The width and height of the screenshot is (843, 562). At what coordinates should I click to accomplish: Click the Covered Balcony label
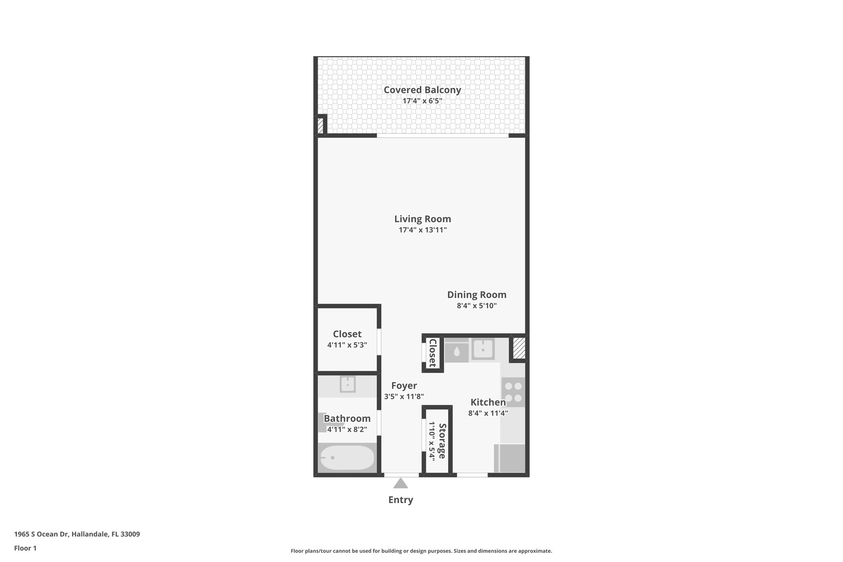pyautogui.click(x=422, y=90)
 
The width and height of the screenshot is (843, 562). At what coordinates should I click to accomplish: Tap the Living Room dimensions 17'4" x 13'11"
pyautogui.click(x=422, y=230)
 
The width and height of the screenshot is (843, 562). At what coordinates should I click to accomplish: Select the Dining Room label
pyautogui.click(x=477, y=295)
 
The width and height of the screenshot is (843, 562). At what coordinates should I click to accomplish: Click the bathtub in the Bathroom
pyautogui.click(x=347, y=457)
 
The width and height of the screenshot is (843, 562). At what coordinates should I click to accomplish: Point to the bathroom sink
pyautogui.click(x=347, y=385)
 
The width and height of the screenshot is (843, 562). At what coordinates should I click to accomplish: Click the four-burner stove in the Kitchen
pyautogui.click(x=513, y=392)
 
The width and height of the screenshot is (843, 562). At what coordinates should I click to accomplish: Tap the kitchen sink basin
pyautogui.click(x=482, y=350)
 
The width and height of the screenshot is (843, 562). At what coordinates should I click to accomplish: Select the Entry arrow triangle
pyautogui.click(x=401, y=483)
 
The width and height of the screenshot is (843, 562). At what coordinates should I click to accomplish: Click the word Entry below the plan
pyautogui.click(x=401, y=500)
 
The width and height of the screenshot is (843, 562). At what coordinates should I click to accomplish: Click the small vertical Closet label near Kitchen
pyautogui.click(x=433, y=353)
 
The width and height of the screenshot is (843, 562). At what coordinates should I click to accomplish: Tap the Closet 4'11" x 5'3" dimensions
pyautogui.click(x=347, y=345)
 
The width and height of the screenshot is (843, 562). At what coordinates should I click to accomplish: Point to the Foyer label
pyautogui.click(x=404, y=386)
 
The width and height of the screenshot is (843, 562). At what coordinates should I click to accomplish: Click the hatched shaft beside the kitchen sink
pyautogui.click(x=519, y=348)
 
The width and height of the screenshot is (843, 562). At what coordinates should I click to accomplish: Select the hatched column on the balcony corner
pyautogui.click(x=320, y=126)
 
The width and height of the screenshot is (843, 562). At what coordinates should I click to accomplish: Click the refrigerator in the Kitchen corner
pyautogui.click(x=510, y=458)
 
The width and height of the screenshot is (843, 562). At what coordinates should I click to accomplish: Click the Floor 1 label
pyautogui.click(x=26, y=548)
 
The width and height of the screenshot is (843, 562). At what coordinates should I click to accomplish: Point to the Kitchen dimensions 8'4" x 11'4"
pyautogui.click(x=488, y=413)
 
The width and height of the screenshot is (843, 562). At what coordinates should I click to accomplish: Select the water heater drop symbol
pyautogui.click(x=456, y=352)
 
